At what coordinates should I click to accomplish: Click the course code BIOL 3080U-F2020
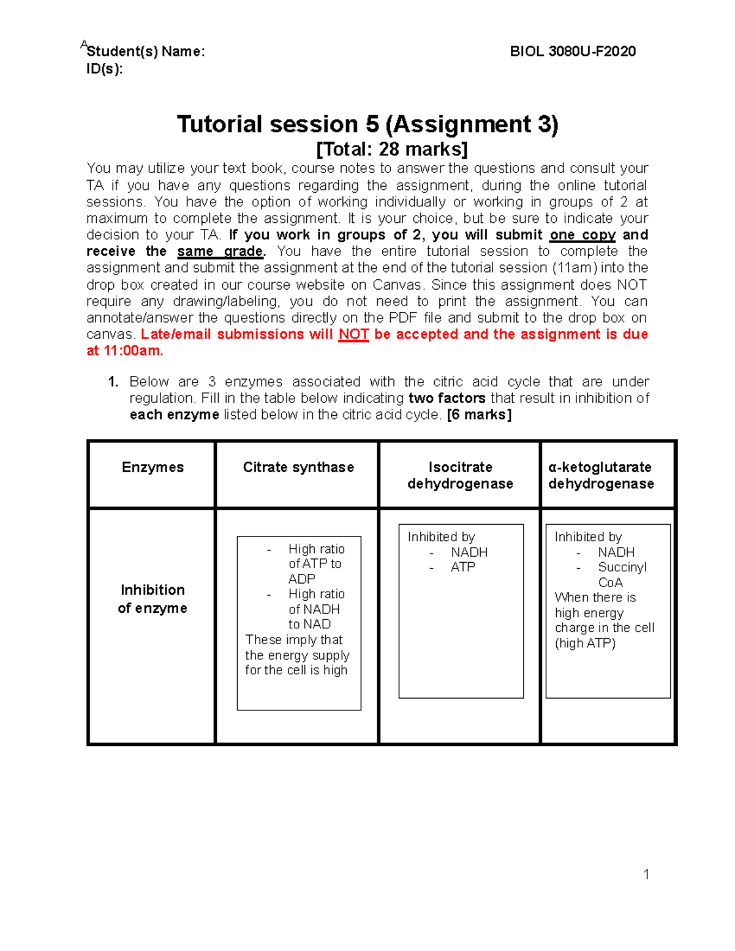pyautogui.click(x=573, y=51)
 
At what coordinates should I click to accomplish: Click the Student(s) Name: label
pyautogui.click(x=146, y=51)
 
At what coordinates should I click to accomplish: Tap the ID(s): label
pyautogui.click(x=104, y=69)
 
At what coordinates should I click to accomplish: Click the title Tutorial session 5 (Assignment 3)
pyautogui.click(x=367, y=124)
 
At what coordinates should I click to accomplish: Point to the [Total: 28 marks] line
pyautogui.click(x=391, y=149)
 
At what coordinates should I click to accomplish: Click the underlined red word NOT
pyautogui.click(x=353, y=334)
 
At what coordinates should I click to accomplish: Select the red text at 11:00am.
pyautogui.click(x=125, y=351)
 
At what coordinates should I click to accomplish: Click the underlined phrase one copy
pyautogui.click(x=582, y=235)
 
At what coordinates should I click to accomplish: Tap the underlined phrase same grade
pyautogui.click(x=221, y=252)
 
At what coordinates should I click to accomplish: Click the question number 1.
pyautogui.click(x=113, y=382)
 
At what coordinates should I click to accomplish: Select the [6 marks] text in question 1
pyautogui.click(x=479, y=415)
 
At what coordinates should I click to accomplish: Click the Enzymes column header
pyautogui.click(x=153, y=467)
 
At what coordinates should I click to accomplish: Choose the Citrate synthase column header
pyautogui.click(x=298, y=467)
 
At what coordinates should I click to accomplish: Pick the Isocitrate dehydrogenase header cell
pyautogui.click(x=460, y=475)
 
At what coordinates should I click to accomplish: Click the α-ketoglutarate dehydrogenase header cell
pyautogui.click(x=601, y=475)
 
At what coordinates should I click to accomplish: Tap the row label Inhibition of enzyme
pyautogui.click(x=153, y=599)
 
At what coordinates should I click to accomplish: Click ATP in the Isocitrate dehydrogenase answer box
pyautogui.click(x=463, y=567)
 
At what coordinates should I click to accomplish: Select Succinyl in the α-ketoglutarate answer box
pyautogui.click(x=622, y=567)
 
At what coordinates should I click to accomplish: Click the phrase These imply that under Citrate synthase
pyautogui.click(x=294, y=640)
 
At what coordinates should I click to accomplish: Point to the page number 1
pyautogui.click(x=646, y=874)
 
